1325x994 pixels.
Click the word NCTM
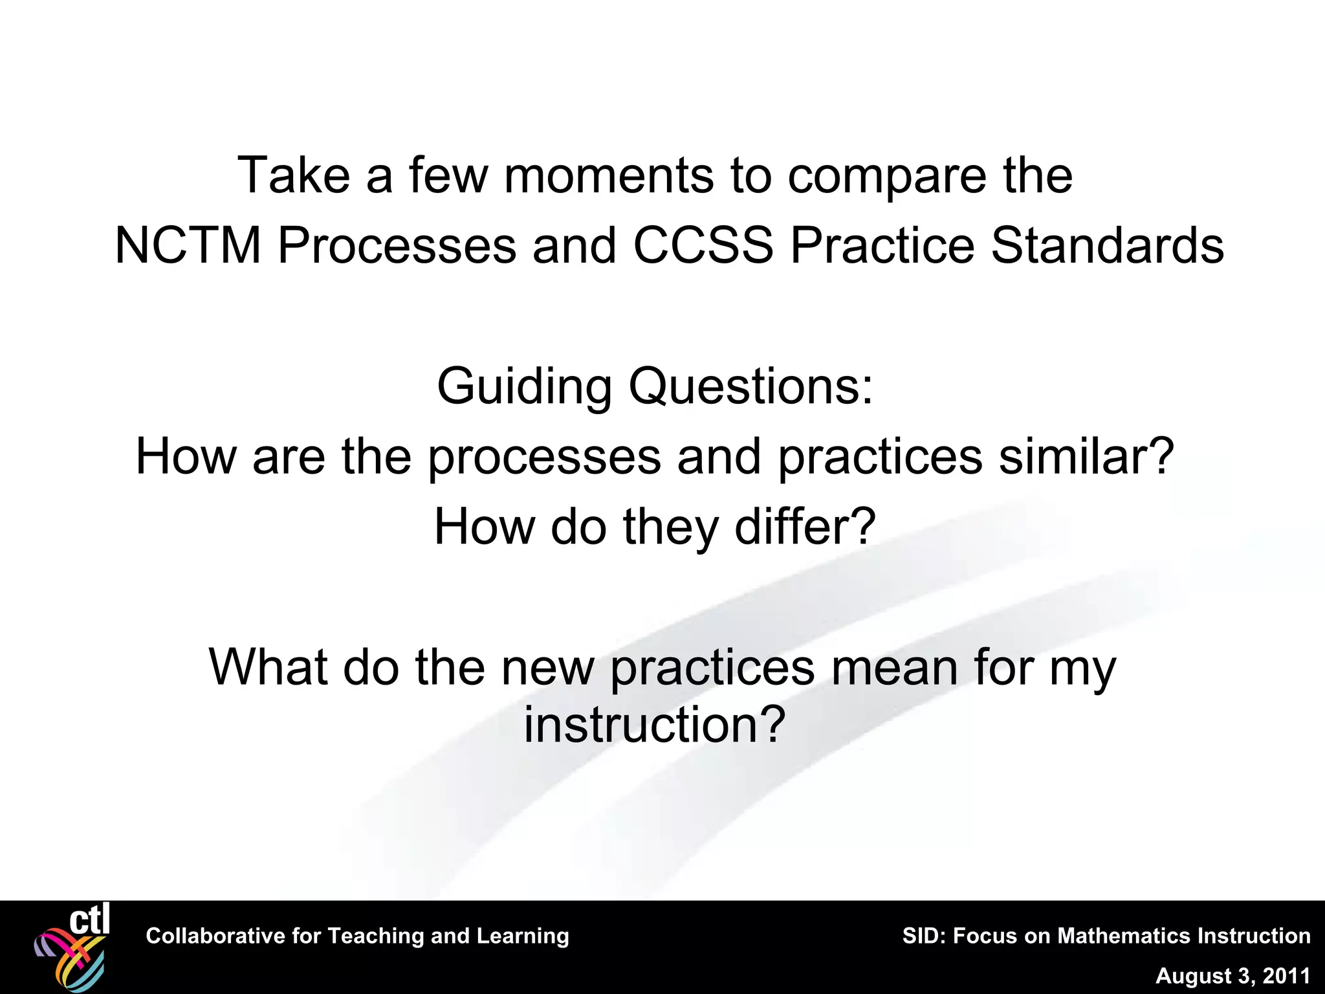coord(188,246)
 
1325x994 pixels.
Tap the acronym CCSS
coord(703,246)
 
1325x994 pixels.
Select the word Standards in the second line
coord(1107,246)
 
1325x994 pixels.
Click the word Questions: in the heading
coord(751,386)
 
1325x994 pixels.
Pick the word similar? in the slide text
coord(1086,456)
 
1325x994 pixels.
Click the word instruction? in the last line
coord(655,724)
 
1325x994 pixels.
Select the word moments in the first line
coord(609,176)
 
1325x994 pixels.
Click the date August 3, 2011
coord(1232,976)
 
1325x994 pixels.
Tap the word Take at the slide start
coord(294,176)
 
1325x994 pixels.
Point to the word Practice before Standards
coord(882,246)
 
